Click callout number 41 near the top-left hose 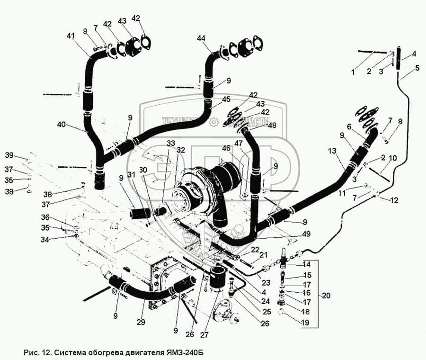point(71,36)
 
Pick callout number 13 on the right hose point(332,151)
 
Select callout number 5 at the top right point(417,68)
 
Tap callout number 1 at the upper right point(352,72)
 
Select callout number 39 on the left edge point(9,156)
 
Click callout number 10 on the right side point(393,157)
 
